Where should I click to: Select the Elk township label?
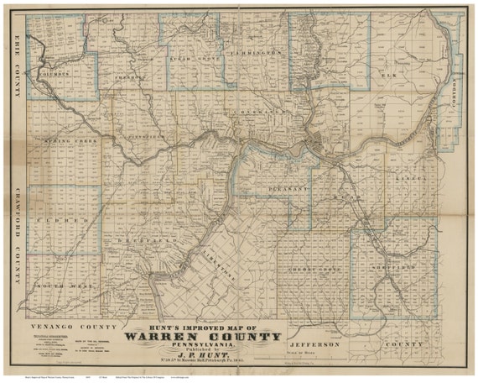coord(388,76)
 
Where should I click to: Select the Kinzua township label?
coord(400,178)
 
